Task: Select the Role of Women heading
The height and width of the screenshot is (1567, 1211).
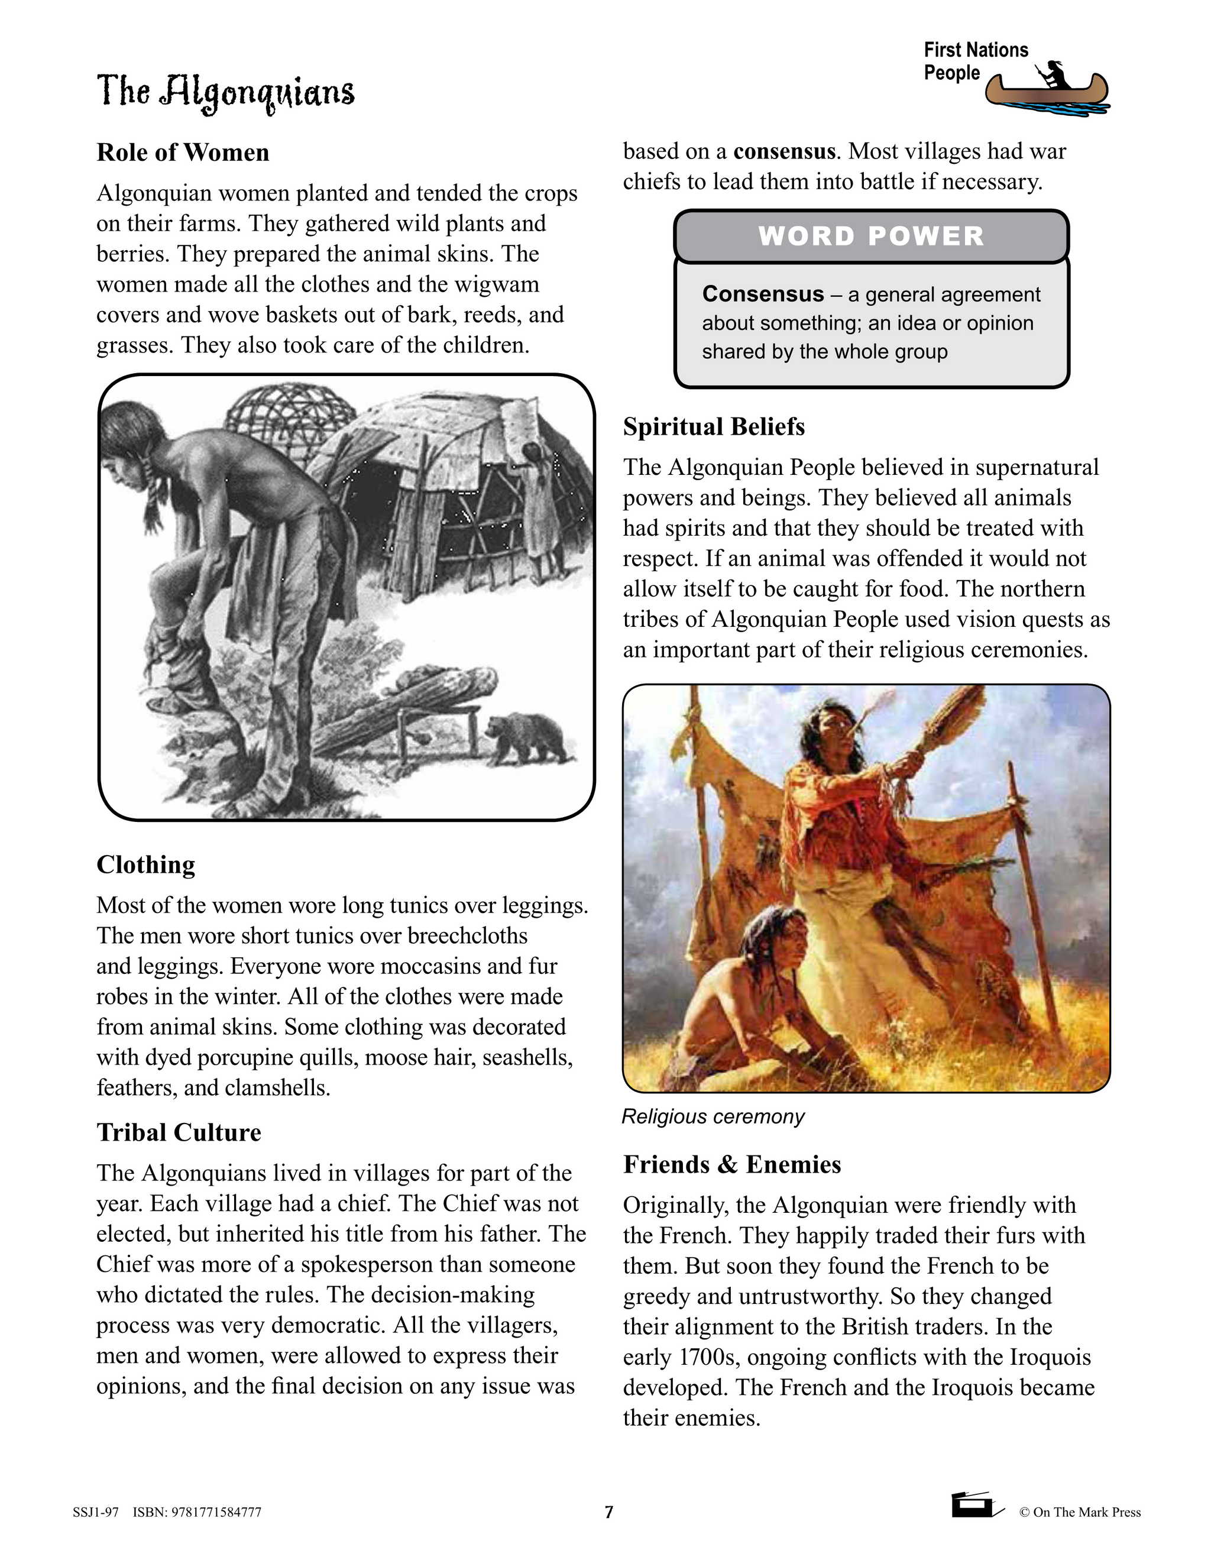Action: coord(183,153)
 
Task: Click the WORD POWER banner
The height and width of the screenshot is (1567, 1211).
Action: coord(871,236)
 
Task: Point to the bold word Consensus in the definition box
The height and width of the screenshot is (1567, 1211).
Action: coord(763,294)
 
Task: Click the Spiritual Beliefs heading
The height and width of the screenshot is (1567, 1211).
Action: coord(714,427)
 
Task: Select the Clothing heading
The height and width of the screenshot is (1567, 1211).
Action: coord(145,865)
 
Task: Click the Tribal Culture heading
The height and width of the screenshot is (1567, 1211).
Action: coord(179,1132)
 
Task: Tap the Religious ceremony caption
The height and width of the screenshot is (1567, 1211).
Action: coord(713,1116)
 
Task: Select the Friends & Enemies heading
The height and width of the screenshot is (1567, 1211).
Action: coord(732,1164)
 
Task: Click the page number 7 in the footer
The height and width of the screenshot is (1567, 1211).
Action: coord(609,1512)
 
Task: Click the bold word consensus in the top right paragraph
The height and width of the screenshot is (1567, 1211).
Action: coord(784,151)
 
